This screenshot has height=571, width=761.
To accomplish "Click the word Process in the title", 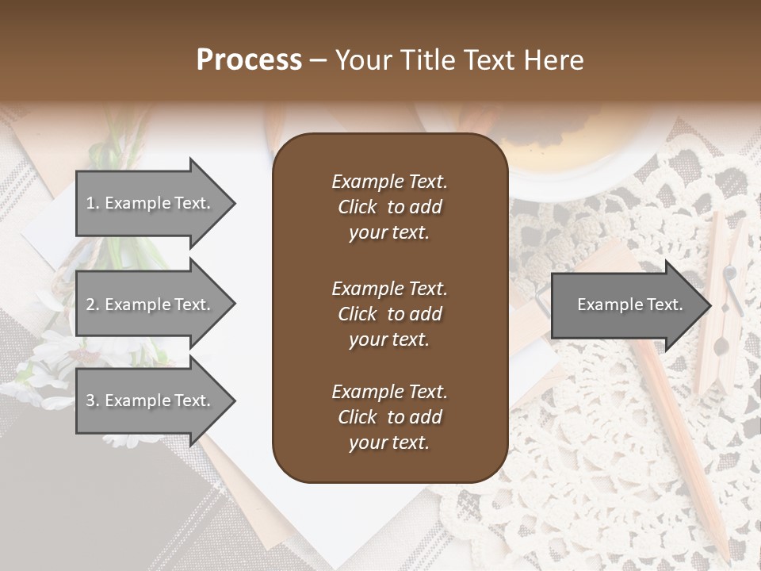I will tap(249, 60).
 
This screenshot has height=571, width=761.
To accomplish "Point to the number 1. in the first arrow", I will tap(92, 203).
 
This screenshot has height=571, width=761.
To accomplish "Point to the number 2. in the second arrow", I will tap(92, 305).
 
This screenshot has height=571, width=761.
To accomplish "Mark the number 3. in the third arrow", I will tap(92, 401).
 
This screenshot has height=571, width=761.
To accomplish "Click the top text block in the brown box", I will tap(389, 207).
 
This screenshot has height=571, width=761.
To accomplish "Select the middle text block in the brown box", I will tap(389, 314).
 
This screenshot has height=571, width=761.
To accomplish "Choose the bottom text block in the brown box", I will tap(389, 417).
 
